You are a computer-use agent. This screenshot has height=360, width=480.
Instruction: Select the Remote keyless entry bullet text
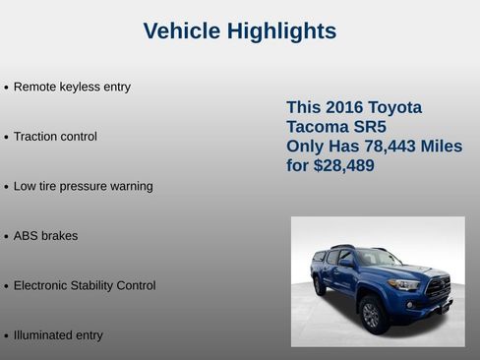point(72,87)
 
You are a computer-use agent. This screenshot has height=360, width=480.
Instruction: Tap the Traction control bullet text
point(55,137)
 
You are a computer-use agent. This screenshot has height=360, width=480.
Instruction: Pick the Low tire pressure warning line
point(83,186)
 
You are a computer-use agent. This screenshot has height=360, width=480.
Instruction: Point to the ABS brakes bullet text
point(45,236)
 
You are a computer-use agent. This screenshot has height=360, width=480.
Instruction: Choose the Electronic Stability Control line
point(85,285)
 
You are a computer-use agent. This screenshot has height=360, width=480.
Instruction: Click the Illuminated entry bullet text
point(58,335)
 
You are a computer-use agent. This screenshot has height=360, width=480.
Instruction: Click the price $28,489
point(343,166)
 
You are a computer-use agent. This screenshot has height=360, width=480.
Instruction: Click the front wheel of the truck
point(372,314)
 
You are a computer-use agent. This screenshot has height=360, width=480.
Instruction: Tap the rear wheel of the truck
point(320,285)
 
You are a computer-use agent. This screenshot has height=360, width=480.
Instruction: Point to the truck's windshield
point(379,258)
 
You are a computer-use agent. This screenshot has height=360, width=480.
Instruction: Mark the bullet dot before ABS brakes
point(7,237)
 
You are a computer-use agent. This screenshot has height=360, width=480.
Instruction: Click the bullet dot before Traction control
point(7,138)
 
